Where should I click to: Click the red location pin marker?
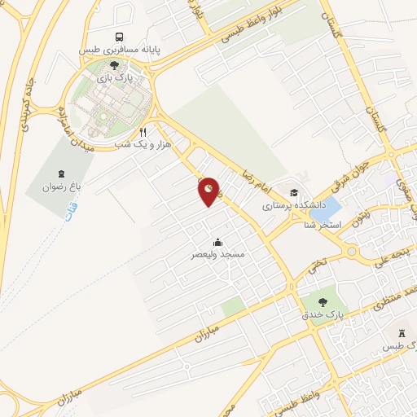(x=209, y=191)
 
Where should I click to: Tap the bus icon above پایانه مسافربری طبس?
(x=120, y=37)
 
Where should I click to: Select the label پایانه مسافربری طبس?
(x=121, y=50)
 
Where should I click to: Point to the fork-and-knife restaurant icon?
(x=143, y=131)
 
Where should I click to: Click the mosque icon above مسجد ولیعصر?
(x=217, y=242)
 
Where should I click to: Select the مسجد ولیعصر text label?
(x=217, y=255)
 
